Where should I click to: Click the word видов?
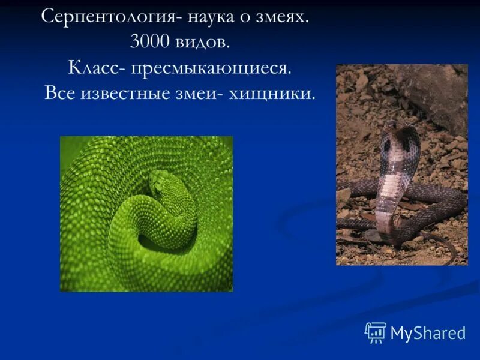click(x=202, y=43)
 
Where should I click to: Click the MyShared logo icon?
click(x=376, y=332)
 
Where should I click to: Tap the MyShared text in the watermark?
click(x=428, y=333)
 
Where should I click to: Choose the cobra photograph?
click(x=401, y=164)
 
